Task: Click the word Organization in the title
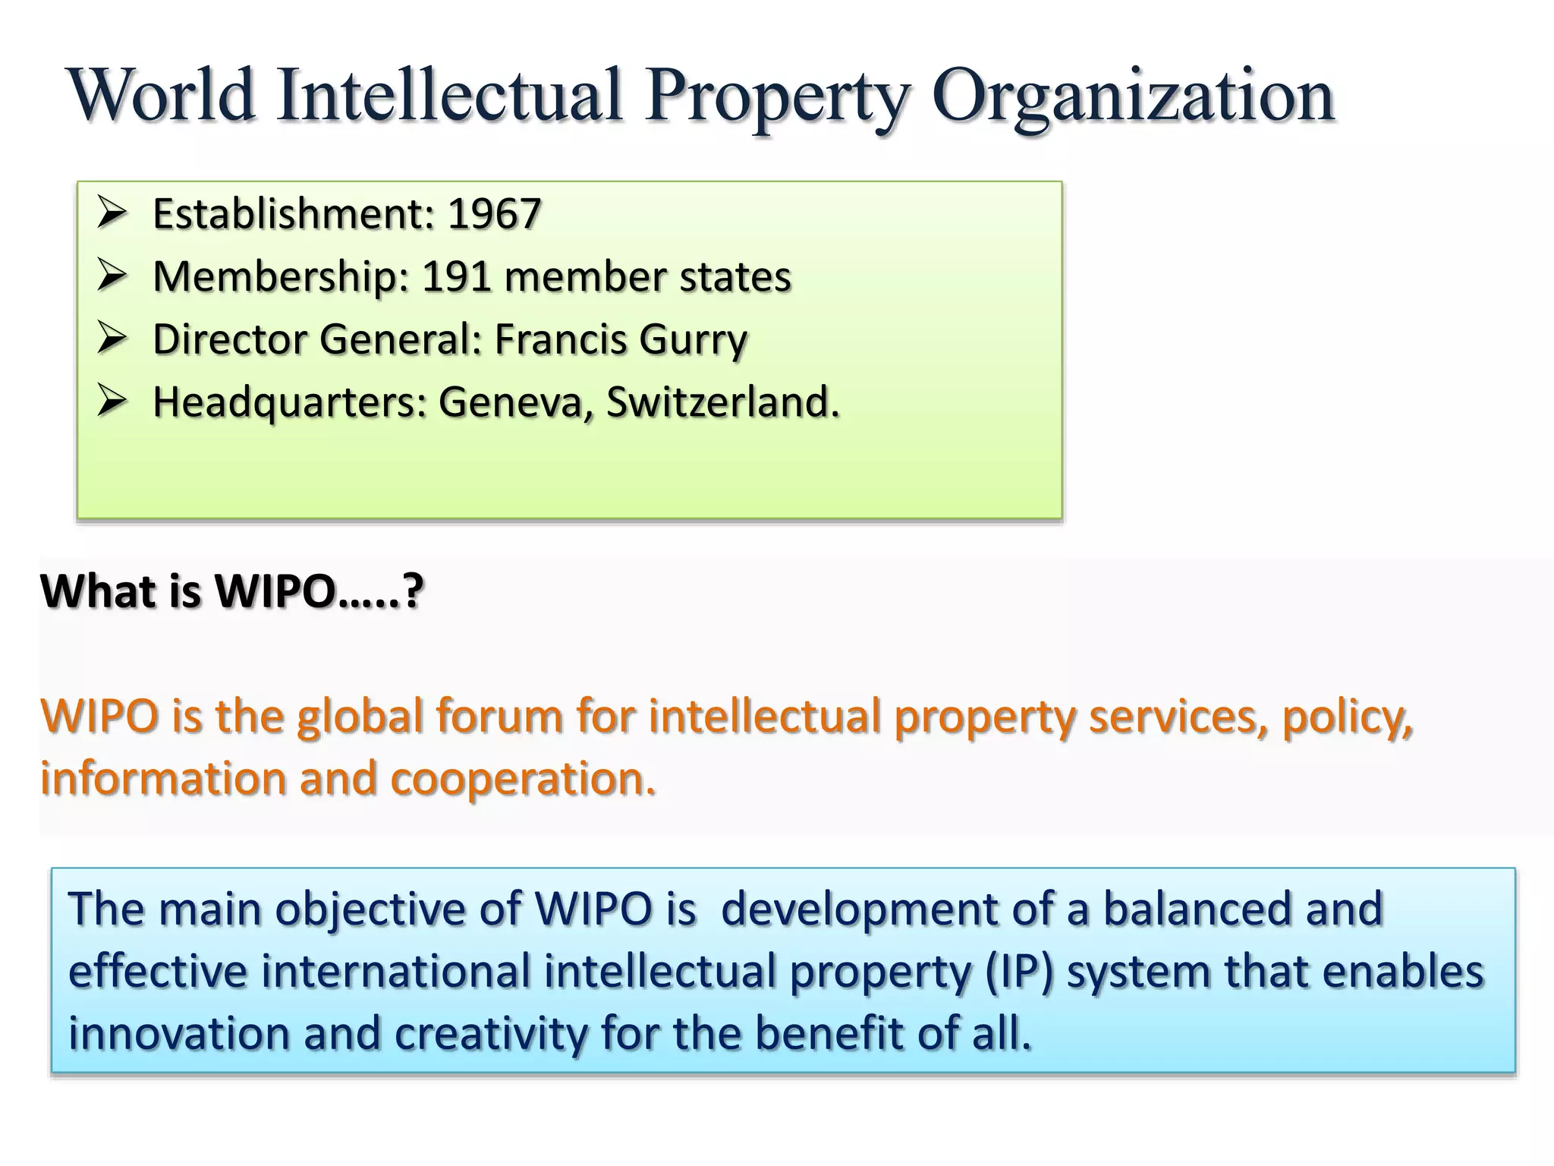coord(1132,97)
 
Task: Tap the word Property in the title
coord(777,97)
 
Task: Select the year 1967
coord(494,213)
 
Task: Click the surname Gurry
coord(693,339)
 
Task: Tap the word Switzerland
coord(722,402)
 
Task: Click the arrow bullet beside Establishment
coord(112,213)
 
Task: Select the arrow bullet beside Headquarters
coord(112,402)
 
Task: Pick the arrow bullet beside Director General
coord(112,339)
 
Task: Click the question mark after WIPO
coord(412,591)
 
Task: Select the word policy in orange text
coord(1346,717)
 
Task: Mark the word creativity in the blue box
coord(490,1034)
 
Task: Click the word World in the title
coord(161,97)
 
